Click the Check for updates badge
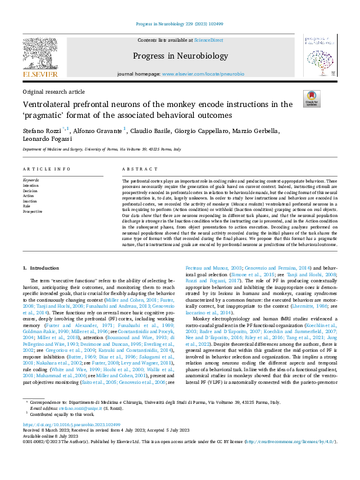tap(312, 99)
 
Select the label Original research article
tap(53, 91)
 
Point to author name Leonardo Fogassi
tap(47, 139)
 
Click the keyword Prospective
tap(33, 212)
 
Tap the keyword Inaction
tap(30, 201)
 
